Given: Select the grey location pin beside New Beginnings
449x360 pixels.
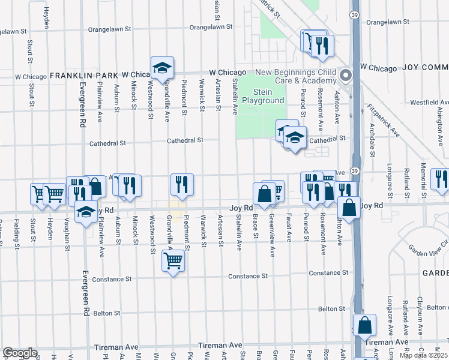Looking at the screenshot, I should [346, 76].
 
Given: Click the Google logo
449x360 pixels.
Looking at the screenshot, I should [19, 352].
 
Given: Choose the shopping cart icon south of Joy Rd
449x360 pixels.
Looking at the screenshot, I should [173, 261].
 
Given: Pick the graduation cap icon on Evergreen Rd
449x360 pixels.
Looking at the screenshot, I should [86, 212].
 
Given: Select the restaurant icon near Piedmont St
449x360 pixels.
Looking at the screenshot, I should [182, 185].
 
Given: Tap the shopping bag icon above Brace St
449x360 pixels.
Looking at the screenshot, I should [264, 193].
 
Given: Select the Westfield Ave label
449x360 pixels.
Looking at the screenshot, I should [426, 102].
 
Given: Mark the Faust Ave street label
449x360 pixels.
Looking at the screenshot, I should [289, 227].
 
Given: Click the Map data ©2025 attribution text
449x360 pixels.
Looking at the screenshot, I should [423, 355].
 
